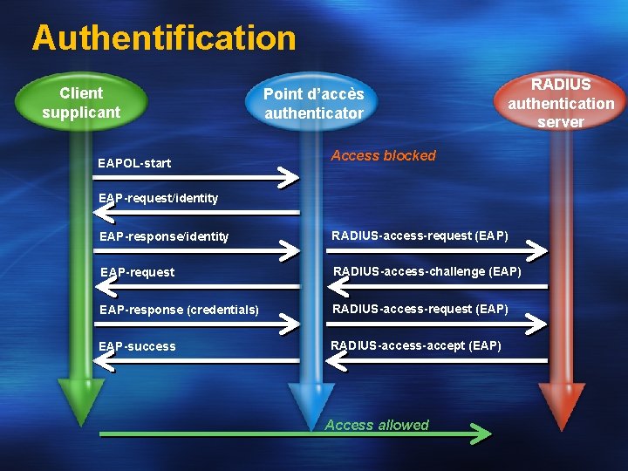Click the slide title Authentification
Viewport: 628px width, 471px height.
point(164,38)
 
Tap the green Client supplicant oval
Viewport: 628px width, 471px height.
point(81,103)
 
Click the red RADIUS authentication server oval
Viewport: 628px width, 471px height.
point(561,103)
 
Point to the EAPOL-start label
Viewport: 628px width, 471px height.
point(134,163)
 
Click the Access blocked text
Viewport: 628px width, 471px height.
point(383,155)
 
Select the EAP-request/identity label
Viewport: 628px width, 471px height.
point(158,198)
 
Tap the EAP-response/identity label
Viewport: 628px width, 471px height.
point(164,236)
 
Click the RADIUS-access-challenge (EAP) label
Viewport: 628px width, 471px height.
point(427,272)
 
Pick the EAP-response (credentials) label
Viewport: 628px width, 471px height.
point(179,310)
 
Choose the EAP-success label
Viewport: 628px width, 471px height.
point(137,346)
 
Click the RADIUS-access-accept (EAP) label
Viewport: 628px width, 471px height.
point(416,346)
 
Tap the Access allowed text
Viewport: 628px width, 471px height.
point(377,426)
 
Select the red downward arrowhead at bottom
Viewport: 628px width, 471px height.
point(561,406)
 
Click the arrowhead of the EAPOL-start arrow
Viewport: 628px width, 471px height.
point(289,178)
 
